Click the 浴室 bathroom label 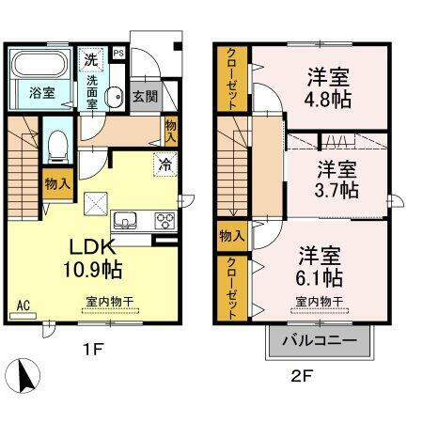pos(41,94)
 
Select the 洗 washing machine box pos(91,57)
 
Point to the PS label pos(117,54)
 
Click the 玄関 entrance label pos(144,96)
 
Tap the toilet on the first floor pos(55,146)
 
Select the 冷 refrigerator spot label pos(164,164)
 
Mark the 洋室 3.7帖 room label pos(337,180)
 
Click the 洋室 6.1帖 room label pos(321,266)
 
